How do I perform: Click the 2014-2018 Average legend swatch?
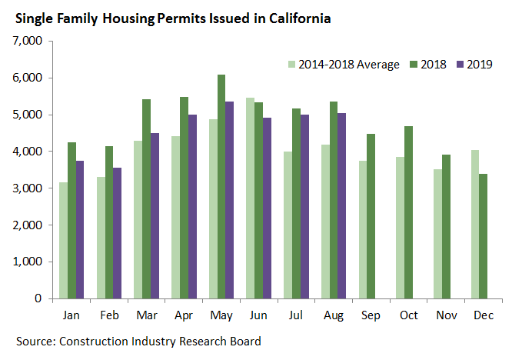(291, 64)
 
